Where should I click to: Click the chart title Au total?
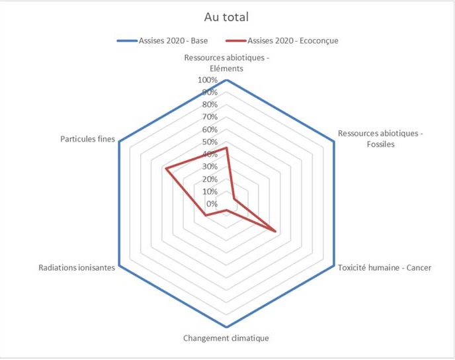point(227,17)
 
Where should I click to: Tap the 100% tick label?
point(206,80)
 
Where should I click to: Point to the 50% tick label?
point(208,142)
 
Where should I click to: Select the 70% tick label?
point(208,117)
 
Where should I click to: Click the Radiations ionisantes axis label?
point(77,268)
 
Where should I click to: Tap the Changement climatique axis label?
point(226,338)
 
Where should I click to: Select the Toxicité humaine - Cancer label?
point(384,268)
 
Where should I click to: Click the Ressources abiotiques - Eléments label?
point(227,63)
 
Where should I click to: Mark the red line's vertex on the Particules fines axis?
point(166,170)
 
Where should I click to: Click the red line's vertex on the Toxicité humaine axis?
point(275,230)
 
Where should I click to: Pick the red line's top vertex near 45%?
point(227,148)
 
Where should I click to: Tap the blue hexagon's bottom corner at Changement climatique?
point(227,328)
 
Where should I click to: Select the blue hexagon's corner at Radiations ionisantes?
point(120,266)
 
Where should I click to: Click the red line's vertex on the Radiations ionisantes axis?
point(206,215)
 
